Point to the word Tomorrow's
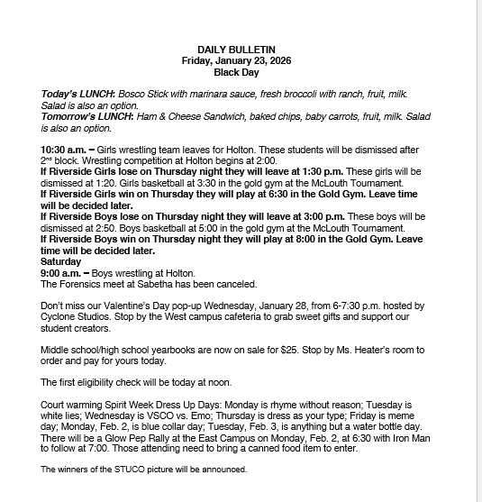(68, 116)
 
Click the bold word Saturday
(62, 261)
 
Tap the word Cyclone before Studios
(61, 319)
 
